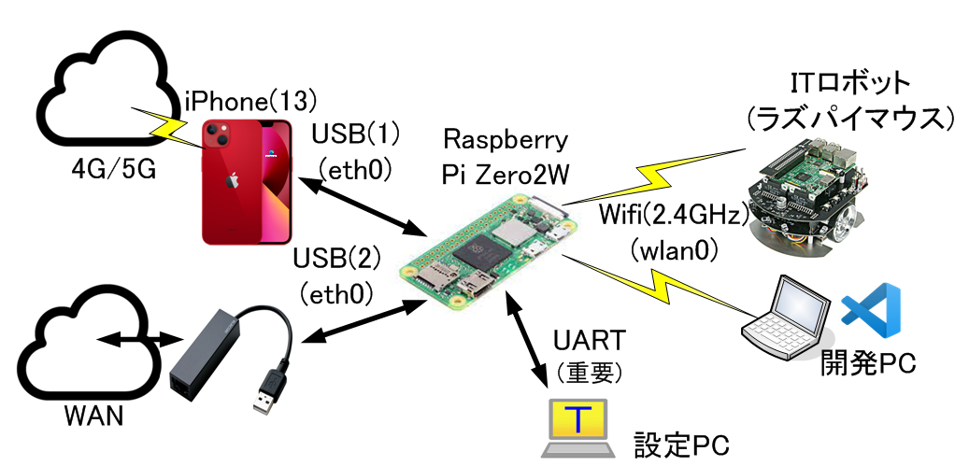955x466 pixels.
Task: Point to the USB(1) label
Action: (355, 134)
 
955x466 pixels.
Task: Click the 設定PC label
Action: (680, 442)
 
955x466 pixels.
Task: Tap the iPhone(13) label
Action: (252, 97)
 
